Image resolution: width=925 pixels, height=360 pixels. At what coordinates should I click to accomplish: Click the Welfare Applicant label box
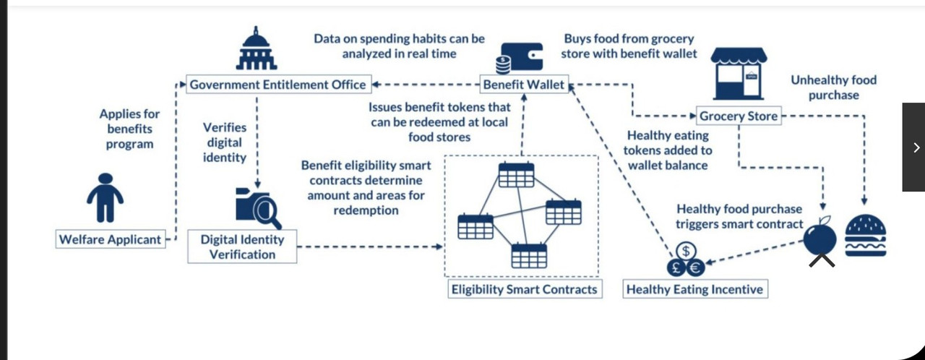click(110, 239)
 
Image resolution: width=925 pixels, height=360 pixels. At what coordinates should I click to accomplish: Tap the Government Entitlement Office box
click(278, 85)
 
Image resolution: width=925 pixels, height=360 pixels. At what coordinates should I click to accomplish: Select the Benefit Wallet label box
click(524, 85)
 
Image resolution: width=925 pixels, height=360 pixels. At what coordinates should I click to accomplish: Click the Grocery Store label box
click(739, 116)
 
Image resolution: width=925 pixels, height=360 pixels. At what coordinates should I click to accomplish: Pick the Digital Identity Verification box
click(242, 247)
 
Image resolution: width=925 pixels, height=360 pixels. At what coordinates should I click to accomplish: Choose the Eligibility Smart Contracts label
click(524, 289)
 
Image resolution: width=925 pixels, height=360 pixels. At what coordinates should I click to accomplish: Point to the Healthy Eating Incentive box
click(694, 289)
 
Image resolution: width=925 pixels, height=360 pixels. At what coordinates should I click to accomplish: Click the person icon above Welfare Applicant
click(105, 197)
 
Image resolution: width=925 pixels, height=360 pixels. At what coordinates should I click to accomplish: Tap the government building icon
click(257, 48)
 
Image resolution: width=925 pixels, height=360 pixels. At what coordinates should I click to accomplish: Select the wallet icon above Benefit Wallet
click(521, 57)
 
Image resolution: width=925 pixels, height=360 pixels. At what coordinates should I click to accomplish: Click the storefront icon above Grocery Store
click(738, 74)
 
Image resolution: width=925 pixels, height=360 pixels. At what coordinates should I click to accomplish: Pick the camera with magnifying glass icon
click(257, 207)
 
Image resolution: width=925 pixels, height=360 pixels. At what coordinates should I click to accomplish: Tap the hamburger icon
click(865, 235)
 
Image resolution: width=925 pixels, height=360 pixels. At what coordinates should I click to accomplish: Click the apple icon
click(820, 238)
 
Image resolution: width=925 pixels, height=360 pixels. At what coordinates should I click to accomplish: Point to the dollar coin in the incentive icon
click(685, 251)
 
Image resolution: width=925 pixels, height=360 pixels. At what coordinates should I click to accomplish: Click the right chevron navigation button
click(915, 147)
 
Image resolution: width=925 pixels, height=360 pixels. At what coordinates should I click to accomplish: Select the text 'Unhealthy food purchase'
click(833, 87)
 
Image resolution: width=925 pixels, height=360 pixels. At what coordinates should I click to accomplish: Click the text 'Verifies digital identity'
click(225, 142)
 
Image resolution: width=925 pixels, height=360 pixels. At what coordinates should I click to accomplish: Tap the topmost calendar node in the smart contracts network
click(516, 175)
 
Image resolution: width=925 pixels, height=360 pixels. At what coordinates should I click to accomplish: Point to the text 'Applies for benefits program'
click(130, 129)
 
